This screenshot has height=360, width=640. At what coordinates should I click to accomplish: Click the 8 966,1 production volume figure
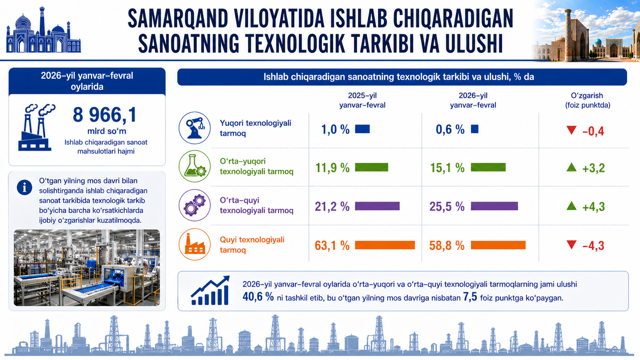[x=104, y=115]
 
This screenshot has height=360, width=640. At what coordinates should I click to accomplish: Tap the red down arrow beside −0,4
[x=571, y=130]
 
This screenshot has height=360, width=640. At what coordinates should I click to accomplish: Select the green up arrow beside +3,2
[x=571, y=167]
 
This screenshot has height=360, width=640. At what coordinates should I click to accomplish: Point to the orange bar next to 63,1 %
[x=385, y=245]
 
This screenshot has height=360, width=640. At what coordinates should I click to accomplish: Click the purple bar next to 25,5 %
[x=494, y=206]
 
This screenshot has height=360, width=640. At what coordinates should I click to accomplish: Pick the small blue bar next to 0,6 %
[x=475, y=129]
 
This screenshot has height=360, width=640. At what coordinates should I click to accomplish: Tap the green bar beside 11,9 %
[x=371, y=167]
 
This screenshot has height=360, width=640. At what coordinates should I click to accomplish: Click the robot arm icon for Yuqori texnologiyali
[x=194, y=128]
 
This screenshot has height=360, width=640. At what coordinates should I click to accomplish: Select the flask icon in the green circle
[x=194, y=166]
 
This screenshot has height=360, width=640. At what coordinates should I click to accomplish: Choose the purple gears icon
[x=194, y=205]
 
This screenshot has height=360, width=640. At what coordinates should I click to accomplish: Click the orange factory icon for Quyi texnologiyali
[x=194, y=244]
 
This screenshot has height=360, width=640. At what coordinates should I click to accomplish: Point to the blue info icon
[x=24, y=187]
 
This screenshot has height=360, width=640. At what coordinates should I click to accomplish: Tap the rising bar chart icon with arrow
[x=210, y=291]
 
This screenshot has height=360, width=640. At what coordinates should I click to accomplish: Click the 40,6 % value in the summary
[x=258, y=297]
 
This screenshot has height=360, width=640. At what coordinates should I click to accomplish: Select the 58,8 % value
[x=447, y=245]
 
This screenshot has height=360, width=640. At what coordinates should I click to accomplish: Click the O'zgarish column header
[x=587, y=100]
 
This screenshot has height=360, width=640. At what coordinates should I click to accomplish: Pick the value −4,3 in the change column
[x=593, y=246]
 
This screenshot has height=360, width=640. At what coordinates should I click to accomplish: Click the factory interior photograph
[x=87, y=267]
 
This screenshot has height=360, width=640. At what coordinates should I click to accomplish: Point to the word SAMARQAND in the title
[x=178, y=18]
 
